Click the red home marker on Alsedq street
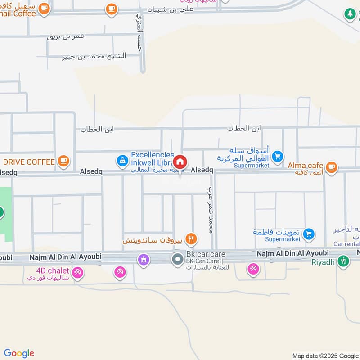180,162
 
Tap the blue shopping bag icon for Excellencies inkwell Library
122,160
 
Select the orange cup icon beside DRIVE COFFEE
63,161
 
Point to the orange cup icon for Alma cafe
331,167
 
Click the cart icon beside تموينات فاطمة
309,233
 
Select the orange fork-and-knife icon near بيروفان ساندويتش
191,238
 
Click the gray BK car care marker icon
177,259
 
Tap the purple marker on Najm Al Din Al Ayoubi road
144,259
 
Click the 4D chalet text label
53,270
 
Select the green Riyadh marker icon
343,261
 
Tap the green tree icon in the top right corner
350,13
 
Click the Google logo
19,353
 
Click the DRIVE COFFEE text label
29,162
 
